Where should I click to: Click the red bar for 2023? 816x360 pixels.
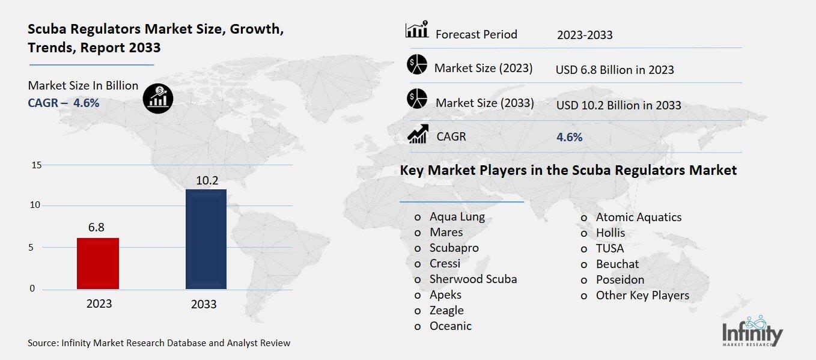(x=98, y=263)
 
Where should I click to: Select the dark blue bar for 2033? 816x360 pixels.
(x=206, y=239)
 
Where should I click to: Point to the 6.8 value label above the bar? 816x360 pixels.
(x=96, y=227)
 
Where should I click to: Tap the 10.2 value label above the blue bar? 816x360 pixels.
(x=206, y=180)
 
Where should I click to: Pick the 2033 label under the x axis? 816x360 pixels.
(x=204, y=304)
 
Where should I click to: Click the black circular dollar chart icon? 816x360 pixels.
(x=158, y=97)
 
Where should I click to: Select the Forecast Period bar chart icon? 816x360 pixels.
(x=417, y=29)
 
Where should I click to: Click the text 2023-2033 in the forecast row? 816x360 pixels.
(x=585, y=35)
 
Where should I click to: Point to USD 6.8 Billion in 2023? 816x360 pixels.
(x=615, y=70)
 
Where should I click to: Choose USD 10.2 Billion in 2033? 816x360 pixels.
(x=618, y=105)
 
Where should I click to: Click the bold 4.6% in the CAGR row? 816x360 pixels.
(x=570, y=137)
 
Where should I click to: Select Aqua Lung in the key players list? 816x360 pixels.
(x=457, y=217)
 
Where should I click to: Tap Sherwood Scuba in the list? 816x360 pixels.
(x=473, y=279)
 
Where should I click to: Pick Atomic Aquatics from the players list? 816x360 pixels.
(x=638, y=217)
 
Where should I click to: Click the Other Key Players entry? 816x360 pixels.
(x=642, y=295)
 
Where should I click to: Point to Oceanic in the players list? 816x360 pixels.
(x=450, y=326)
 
